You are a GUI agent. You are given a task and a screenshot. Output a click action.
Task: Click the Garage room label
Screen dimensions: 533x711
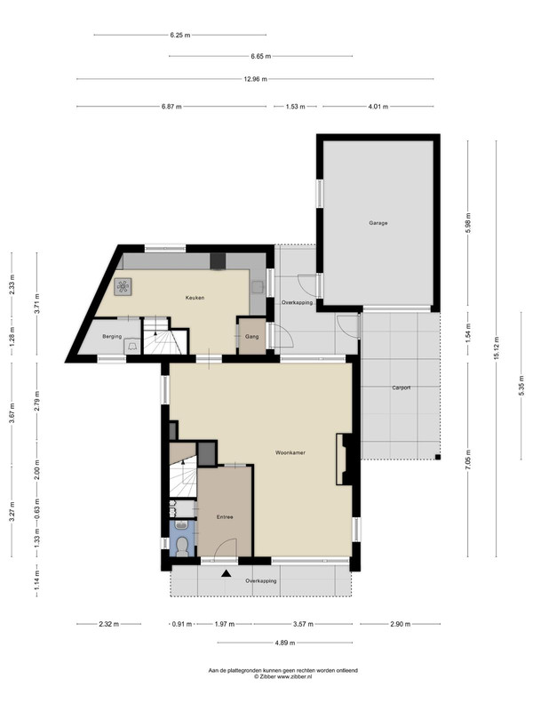[x=378, y=223]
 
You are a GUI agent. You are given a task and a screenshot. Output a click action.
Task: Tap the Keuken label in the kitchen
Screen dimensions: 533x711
[x=195, y=298]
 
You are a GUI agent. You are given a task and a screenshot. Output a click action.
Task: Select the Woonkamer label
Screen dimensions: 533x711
[x=290, y=452]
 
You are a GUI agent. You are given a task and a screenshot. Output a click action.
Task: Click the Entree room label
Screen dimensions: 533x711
[x=225, y=517]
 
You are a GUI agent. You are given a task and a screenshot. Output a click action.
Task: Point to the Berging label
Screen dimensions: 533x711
[x=112, y=337]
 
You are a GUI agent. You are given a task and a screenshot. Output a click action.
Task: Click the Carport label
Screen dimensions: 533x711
[x=402, y=387]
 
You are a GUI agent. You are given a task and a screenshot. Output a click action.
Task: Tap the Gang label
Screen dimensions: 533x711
[x=252, y=337]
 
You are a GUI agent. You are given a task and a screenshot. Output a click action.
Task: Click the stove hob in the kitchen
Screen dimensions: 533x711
[x=123, y=286]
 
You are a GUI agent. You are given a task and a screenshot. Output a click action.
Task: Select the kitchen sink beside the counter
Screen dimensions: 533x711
[x=258, y=287]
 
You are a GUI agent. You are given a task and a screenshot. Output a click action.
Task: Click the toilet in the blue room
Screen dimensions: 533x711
[x=182, y=546]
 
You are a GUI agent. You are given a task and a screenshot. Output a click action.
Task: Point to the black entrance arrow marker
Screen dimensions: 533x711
[x=226, y=573]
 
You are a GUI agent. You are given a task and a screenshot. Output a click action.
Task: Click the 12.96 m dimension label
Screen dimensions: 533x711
[x=256, y=79]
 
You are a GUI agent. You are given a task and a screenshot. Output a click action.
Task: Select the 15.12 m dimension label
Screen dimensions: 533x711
[x=497, y=348]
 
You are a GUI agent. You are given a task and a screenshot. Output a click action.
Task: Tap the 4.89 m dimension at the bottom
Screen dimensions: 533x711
[x=285, y=643]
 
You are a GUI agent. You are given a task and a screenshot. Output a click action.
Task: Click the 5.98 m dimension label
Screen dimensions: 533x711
[x=468, y=223]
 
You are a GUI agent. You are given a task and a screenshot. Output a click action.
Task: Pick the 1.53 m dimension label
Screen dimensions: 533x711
[x=296, y=107]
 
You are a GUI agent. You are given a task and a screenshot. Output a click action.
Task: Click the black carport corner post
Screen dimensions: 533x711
[x=438, y=457]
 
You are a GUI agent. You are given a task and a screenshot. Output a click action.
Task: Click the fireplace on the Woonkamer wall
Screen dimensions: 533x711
[x=344, y=459]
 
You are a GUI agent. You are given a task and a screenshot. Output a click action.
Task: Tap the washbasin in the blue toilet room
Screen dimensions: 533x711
[x=182, y=525]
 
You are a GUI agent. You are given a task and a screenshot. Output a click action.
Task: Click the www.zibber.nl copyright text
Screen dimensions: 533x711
[x=282, y=676]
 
